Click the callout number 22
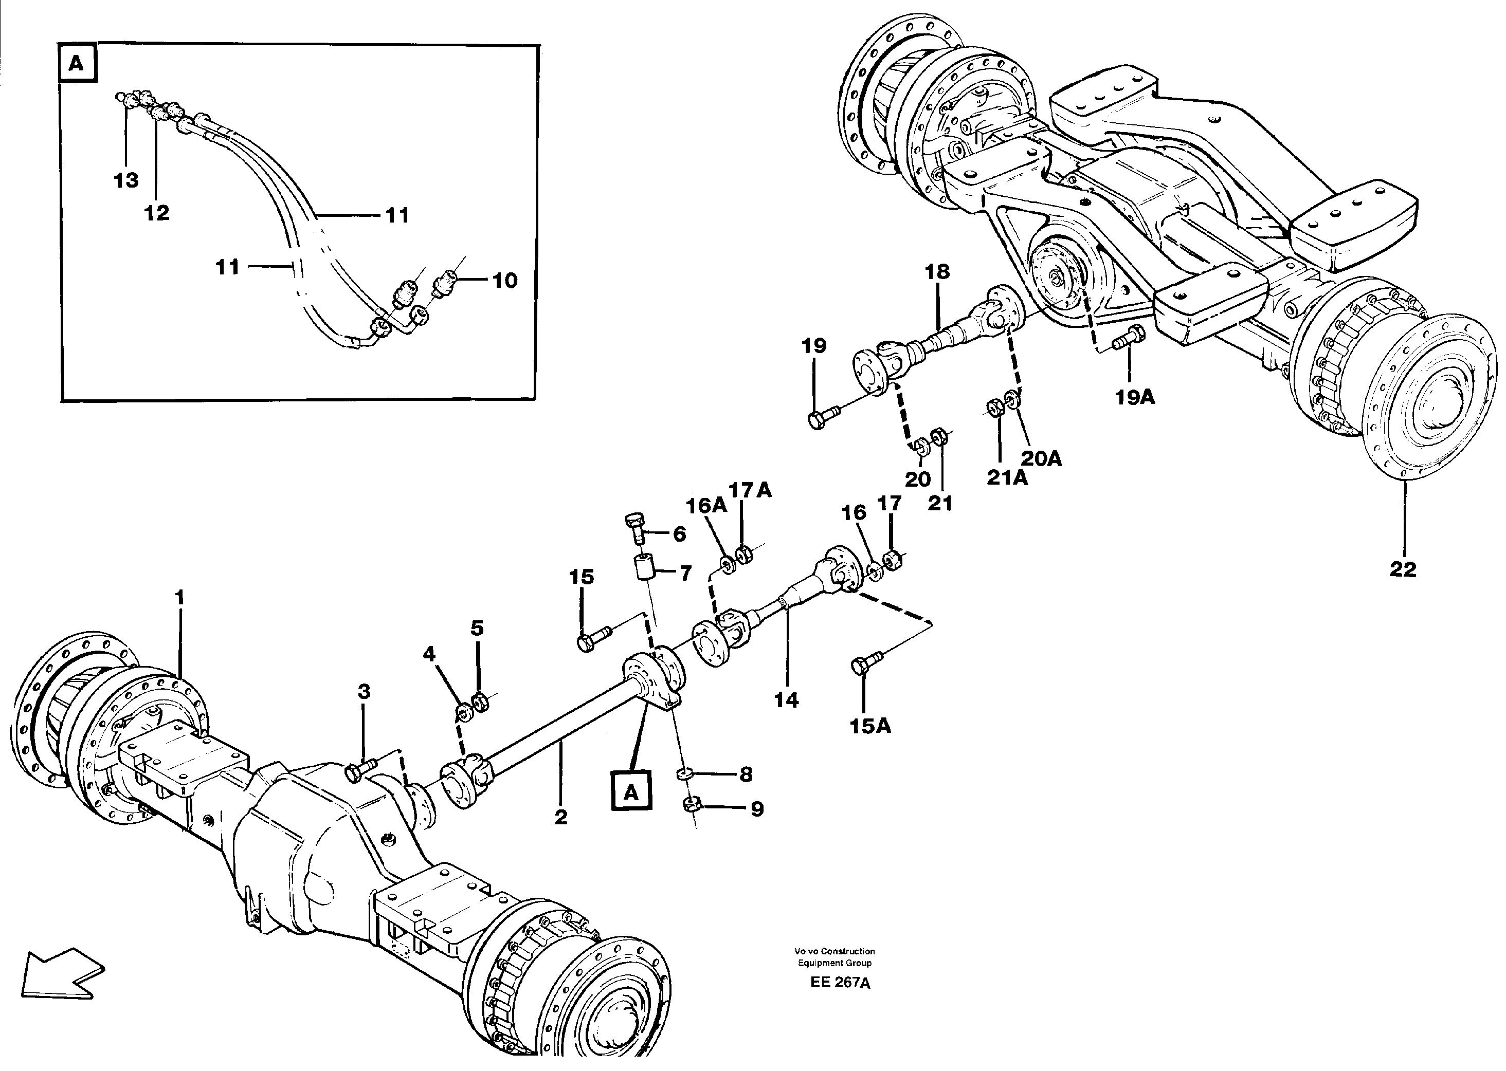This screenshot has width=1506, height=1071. click(1403, 569)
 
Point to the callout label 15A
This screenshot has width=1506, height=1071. click(870, 726)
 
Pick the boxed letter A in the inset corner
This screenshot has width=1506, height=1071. click(77, 64)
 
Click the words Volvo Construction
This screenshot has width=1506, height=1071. click(834, 951)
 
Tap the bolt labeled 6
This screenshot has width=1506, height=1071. click(635, 528)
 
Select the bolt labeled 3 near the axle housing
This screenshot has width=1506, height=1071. click(359, 770)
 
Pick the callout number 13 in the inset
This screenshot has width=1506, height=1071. click(126, 180)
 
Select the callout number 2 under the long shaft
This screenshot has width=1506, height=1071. click(561, 817)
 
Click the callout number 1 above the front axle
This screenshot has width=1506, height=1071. click(179, 598)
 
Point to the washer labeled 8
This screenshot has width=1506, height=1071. click(686, 773)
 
